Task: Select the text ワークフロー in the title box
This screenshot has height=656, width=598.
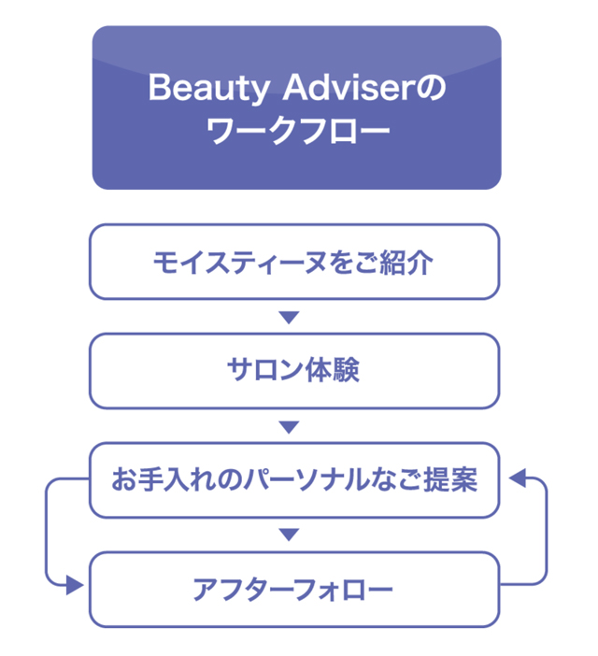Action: pos(296,133)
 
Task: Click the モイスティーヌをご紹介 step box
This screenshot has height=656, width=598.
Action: pos(294,262)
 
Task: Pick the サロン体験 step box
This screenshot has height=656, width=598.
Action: pos(294,371)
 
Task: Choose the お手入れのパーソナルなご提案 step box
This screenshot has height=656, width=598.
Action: pos(294,480)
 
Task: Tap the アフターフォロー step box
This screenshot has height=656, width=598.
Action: pos(294,590)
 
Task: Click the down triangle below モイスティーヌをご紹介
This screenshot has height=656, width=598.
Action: pos(290,318)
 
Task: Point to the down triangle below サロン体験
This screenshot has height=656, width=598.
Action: pos(290,427)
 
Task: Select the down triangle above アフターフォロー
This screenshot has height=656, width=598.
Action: pos(290,535)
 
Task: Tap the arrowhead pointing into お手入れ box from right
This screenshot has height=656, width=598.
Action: pos(517,478)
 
